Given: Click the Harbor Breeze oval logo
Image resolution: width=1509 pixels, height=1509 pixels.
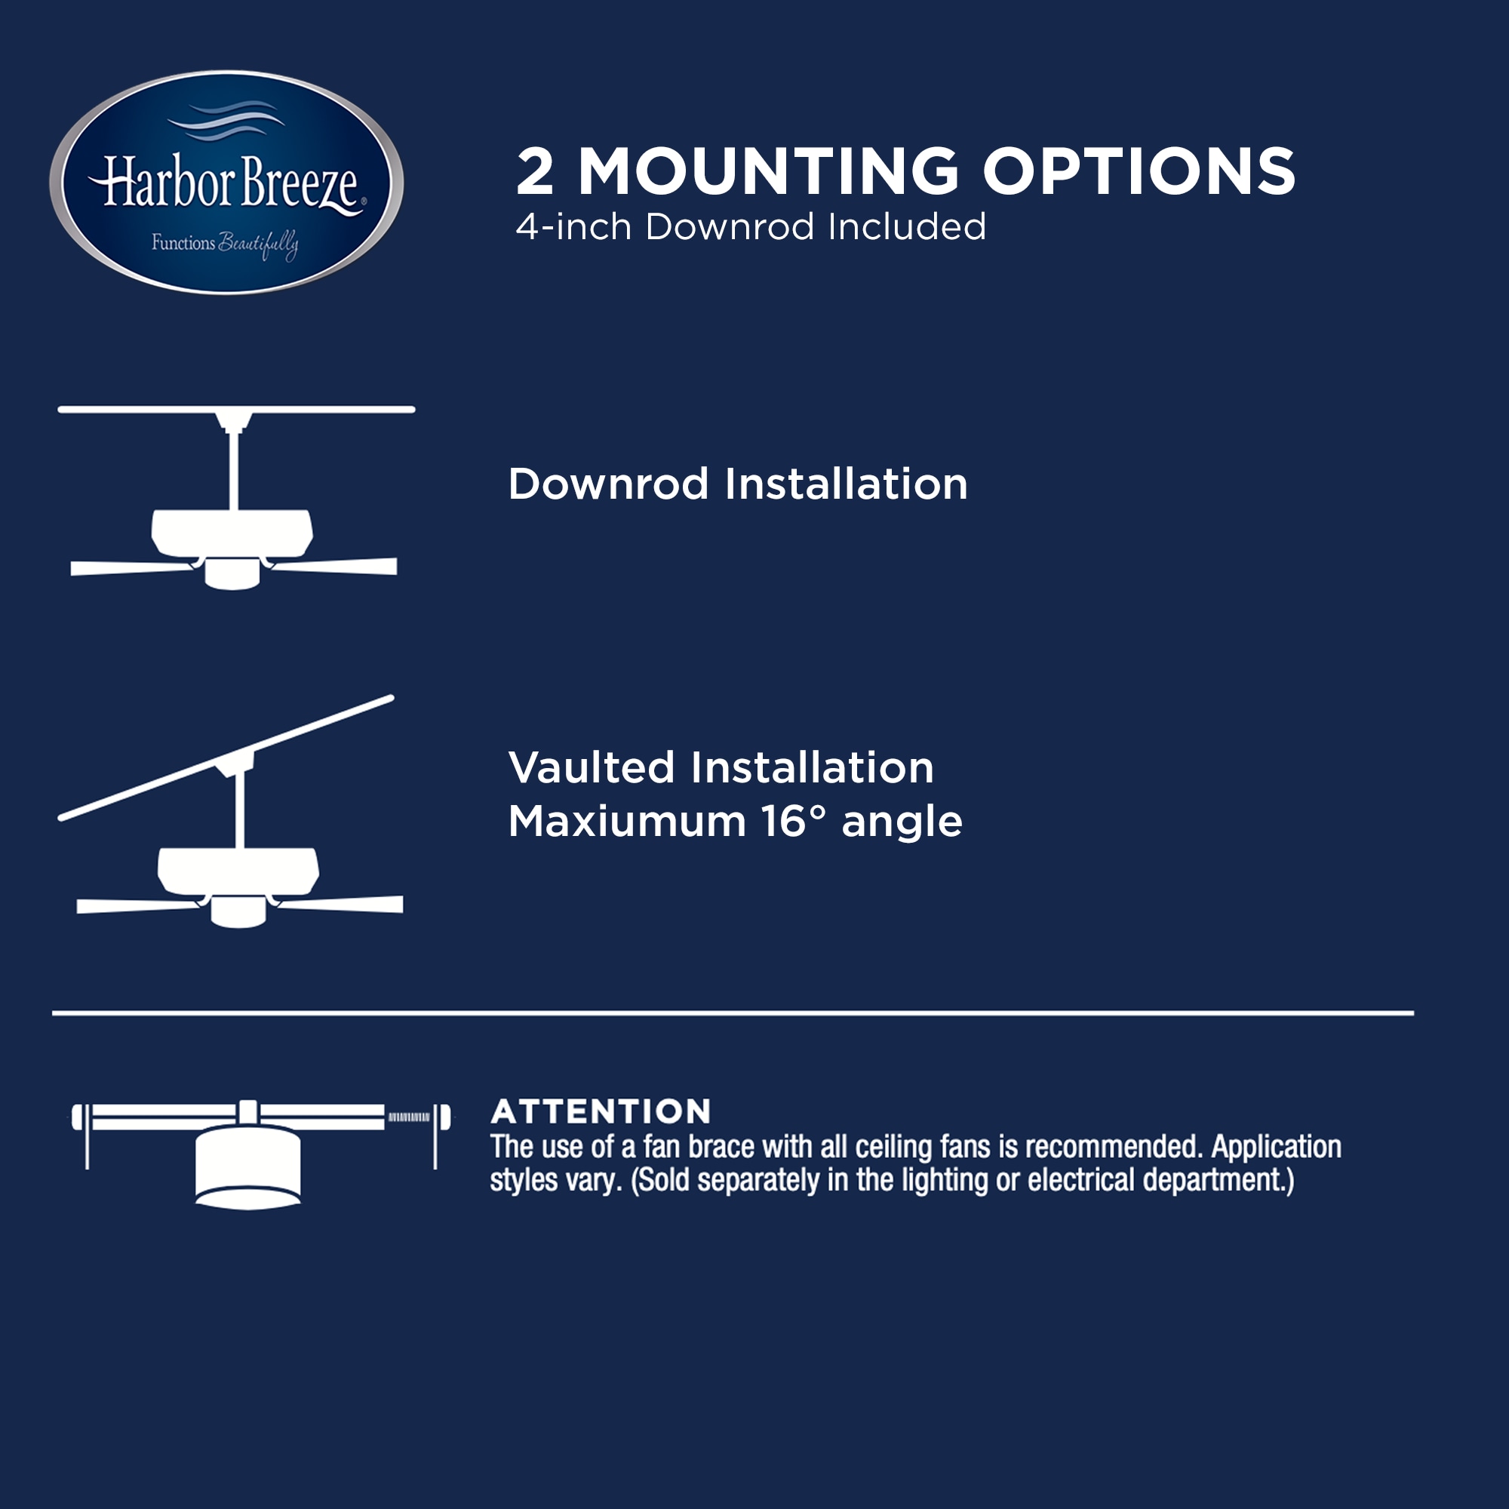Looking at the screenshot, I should coord(226,183).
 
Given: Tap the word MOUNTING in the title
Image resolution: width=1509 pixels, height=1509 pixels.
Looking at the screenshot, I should coord(768,172).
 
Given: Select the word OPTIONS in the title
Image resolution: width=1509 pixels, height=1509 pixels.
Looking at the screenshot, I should coord(1139,172).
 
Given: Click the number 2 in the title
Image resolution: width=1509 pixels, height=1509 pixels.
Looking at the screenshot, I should coord(536,172).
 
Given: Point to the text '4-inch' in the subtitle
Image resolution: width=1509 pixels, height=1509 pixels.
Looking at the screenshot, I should coord(573,227).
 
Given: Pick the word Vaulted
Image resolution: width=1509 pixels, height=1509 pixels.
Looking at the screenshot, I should coord(592,768).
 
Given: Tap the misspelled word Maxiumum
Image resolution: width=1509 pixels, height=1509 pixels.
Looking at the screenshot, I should coord(627,822).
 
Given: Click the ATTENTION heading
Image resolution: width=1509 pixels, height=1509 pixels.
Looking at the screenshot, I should coord(601,1111).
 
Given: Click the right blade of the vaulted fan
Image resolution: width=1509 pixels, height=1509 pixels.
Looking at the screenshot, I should coord(343,904).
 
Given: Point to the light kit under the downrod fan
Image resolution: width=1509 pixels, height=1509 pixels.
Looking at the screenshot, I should coord(232,575).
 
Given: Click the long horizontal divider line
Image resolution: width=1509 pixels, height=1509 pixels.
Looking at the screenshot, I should coord(733,1013).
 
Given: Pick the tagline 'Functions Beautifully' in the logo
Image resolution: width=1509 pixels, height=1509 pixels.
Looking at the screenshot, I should coord(224,244).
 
